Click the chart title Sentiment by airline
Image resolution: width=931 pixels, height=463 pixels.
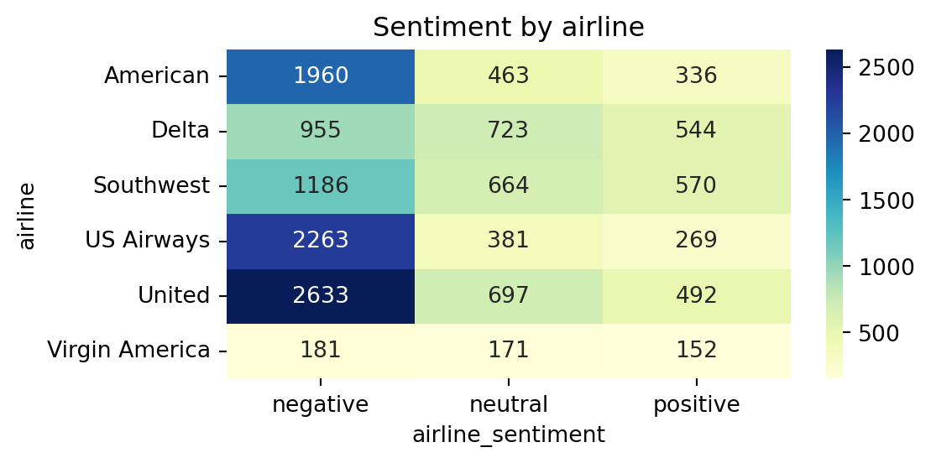[508, 28]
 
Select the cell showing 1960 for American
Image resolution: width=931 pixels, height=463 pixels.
[321, 76]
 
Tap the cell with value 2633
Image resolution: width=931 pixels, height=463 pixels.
[321, 295]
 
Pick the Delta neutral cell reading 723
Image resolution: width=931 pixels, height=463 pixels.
[509, 131]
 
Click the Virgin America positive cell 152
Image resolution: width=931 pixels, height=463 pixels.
[696, 350]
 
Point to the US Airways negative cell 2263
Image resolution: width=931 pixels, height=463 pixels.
[321, 241]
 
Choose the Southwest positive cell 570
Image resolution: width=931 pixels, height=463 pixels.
[696, 185]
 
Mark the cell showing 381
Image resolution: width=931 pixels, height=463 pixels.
[509, 241]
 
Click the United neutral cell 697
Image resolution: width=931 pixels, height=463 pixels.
[509, 295]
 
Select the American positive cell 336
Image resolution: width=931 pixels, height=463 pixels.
[696, 76]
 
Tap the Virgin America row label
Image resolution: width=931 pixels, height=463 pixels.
[128, 350]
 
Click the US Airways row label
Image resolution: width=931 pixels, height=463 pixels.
[147, 241]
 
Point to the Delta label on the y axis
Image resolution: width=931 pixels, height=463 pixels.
[180, 131]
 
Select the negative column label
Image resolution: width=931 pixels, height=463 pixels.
[321, 405]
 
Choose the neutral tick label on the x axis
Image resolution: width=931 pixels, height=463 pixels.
[509, 405]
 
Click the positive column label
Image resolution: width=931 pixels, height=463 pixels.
[696, 405]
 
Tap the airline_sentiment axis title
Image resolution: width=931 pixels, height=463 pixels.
[509, 434]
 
